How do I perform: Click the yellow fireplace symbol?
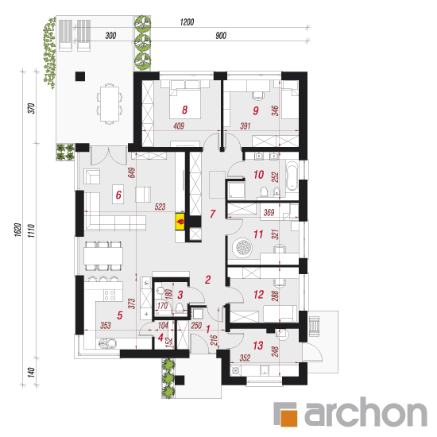[180, 222]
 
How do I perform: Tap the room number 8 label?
[184, 110]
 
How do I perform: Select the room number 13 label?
[257, 346]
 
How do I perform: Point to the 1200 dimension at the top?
[187, 22]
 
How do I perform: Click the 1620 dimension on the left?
[17, 230]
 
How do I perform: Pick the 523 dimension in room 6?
[160, 207]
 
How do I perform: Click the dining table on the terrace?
[110, 103]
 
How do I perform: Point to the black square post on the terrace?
[80, 76]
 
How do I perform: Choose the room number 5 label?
[119, 315]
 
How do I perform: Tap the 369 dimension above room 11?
[269, 213]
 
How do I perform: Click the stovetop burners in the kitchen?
[109, 296]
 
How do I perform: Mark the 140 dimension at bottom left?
[31, 372]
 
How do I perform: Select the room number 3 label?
[180, 295]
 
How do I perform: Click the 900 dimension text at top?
[221, 36]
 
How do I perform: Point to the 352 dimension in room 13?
[245, 358]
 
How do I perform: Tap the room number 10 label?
[259, 175]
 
